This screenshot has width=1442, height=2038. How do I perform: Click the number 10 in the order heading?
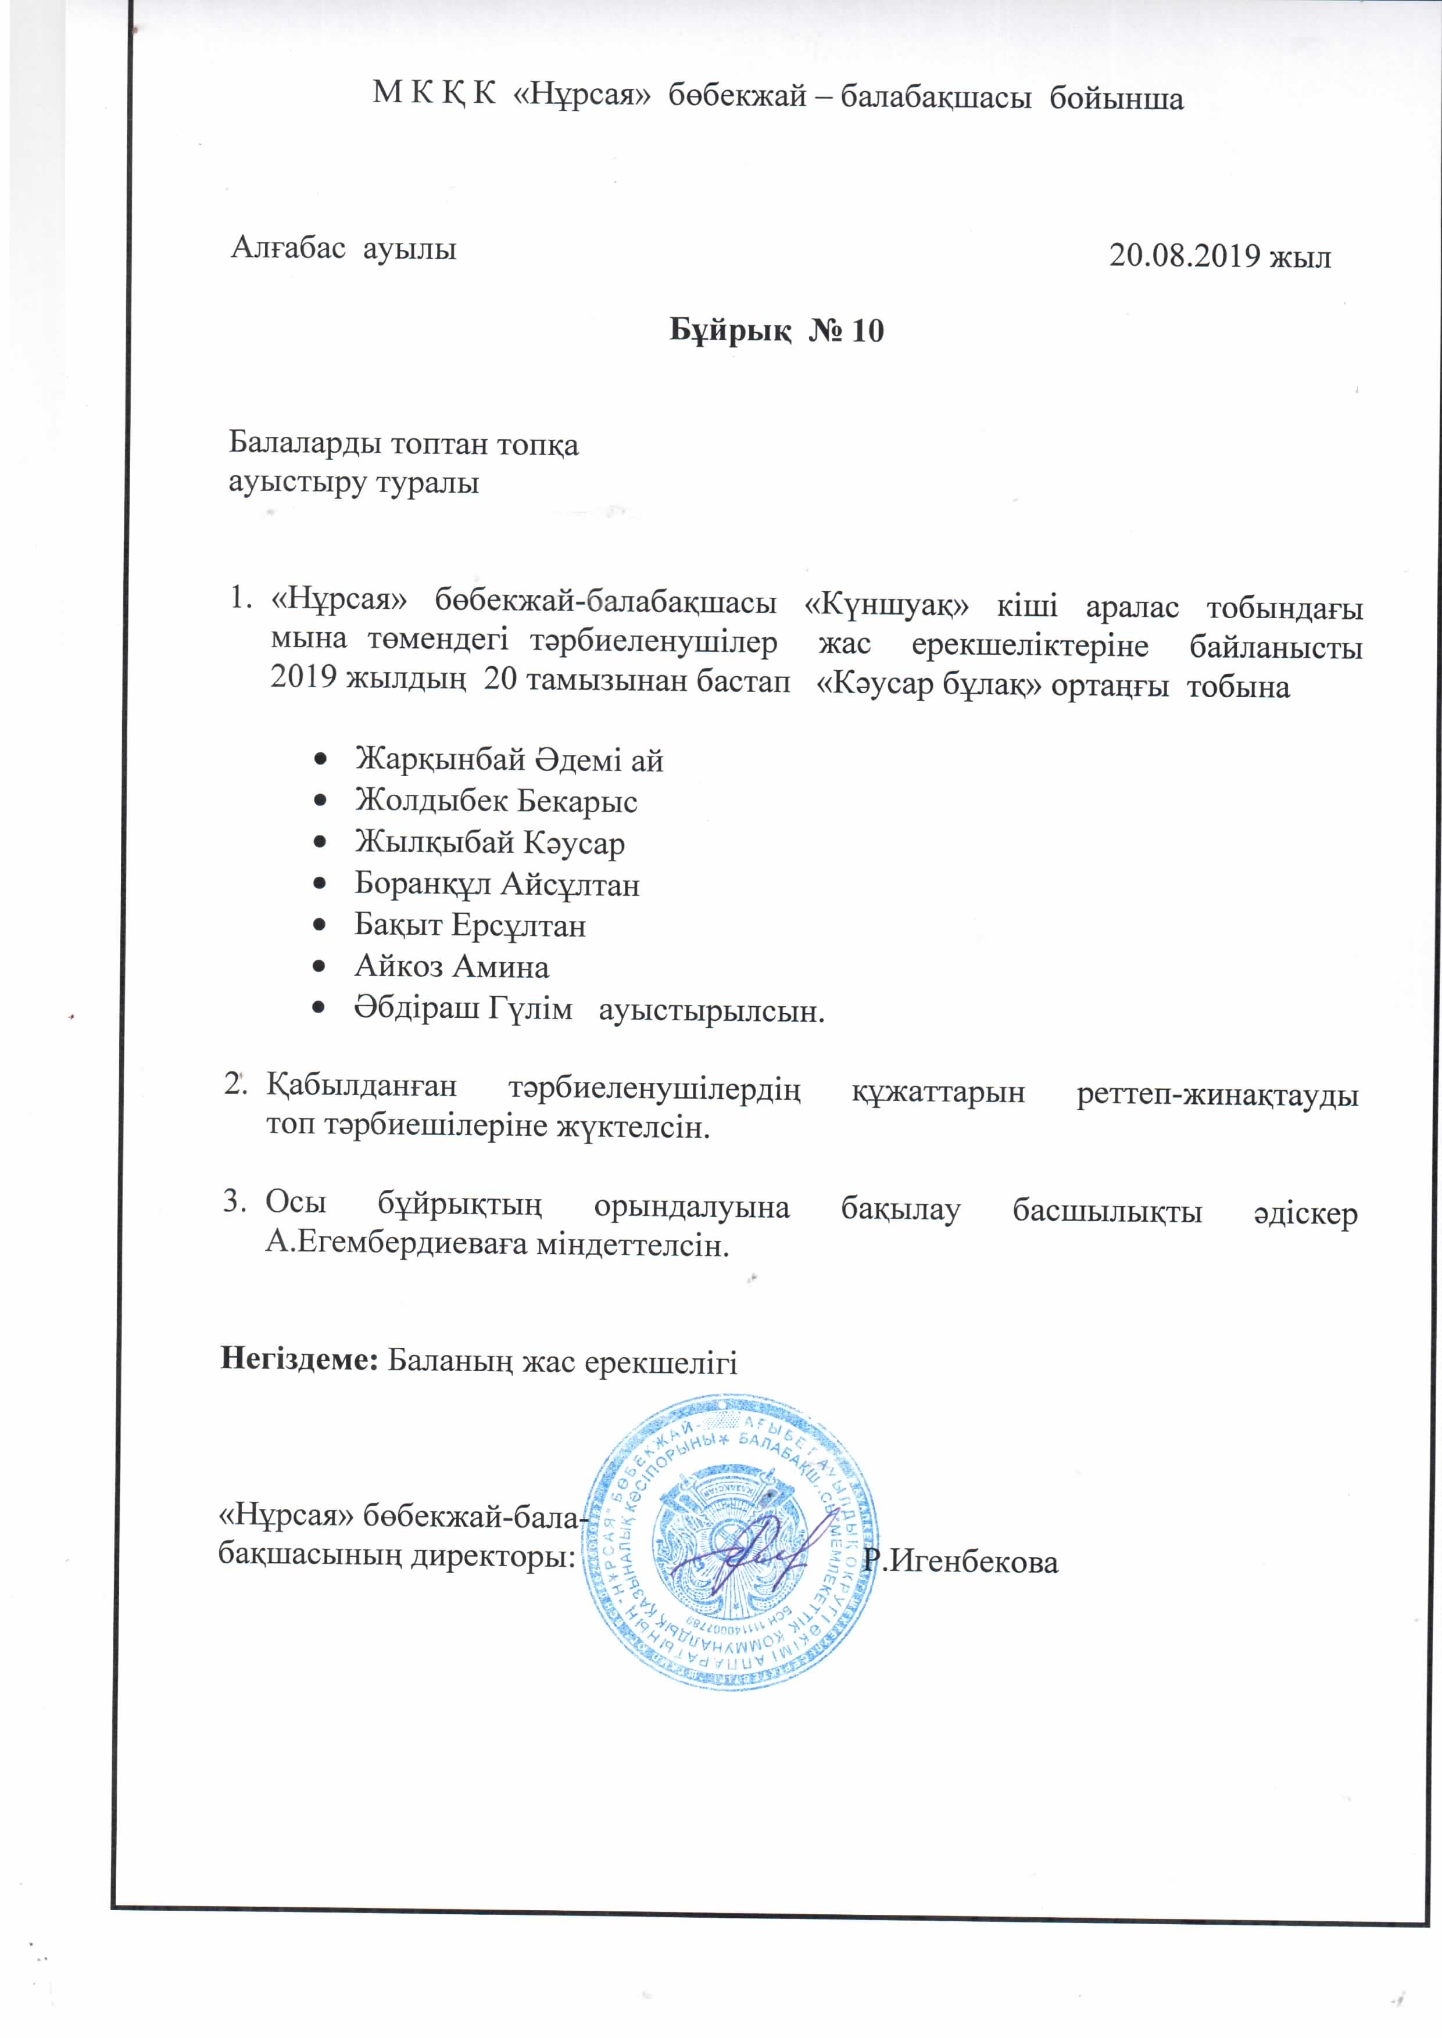[868, 331]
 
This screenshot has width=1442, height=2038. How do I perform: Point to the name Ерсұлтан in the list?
[518, 926]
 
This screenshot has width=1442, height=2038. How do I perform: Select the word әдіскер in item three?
[1306, 1212]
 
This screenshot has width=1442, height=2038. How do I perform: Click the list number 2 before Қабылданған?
[234, 1085]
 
